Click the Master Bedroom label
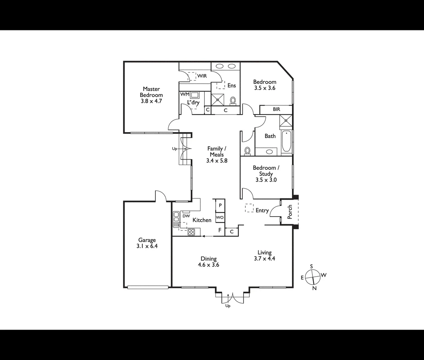coord(151,92)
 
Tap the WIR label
coord(202,76)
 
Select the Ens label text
coord(232,86)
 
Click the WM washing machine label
coord(185,94)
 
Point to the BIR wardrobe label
coord(276,109)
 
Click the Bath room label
coord(270,136)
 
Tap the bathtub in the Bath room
coord(286,143)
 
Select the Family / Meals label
coord(217,152)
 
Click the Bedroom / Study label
coord(266,171)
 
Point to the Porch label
coord(290,212)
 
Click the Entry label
coord(262,210)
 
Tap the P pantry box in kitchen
coord(220,206)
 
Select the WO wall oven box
coord(220,218)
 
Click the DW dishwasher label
coord(186,216)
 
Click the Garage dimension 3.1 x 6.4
coord(147,246)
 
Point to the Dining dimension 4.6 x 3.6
coord(208,265)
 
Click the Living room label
coord(264,253)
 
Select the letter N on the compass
coord(314,289)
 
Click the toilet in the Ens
coord(233,100)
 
